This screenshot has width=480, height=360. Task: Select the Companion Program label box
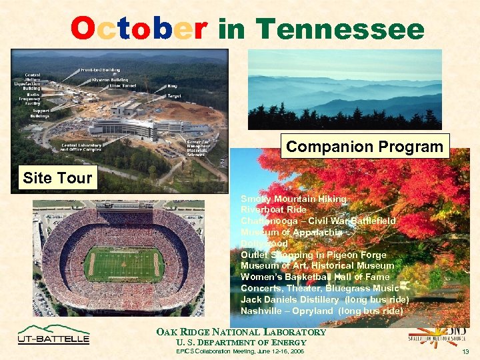point(365,146)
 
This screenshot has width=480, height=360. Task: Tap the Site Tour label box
point(57,178)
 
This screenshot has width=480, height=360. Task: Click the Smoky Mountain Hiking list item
point(293,199)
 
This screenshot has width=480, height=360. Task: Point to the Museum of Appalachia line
point(291,233)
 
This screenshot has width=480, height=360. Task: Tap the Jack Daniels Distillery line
point(325,299)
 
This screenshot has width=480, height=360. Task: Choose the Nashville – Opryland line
point(321,311)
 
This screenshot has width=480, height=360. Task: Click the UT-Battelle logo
point(53,335)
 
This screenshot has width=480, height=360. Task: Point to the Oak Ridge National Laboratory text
point(241,332)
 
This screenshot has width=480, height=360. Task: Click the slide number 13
point(465,351)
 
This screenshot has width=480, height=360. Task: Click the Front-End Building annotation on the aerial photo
point(101,69)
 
